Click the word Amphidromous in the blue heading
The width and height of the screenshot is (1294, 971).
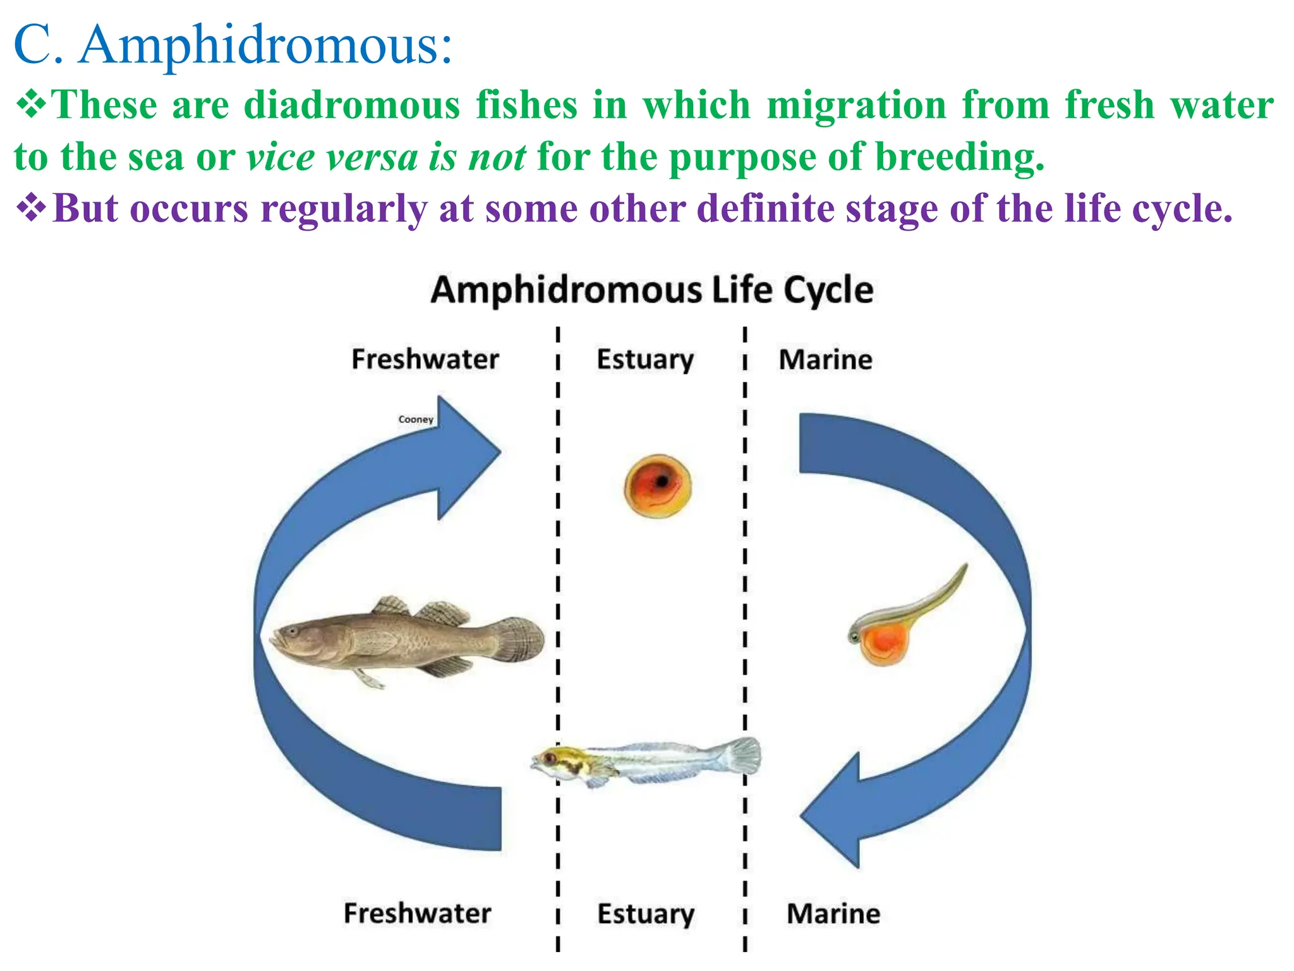(265, 46)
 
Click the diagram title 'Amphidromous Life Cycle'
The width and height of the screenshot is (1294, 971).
(651, 291)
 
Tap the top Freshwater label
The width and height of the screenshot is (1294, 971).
(425, 359)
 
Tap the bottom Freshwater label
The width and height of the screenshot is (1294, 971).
(417, 913)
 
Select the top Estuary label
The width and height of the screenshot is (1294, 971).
(645, 360)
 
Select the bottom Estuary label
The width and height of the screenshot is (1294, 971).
(646, 914)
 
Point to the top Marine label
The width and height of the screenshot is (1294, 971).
(825, 360)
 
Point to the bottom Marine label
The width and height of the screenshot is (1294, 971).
(833, 914)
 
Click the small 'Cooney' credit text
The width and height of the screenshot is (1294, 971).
(416, 419)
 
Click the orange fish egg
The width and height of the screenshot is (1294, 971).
(657, 485)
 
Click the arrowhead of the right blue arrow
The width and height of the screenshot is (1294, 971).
(834, 812)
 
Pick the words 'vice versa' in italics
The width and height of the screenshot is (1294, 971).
(331, 157)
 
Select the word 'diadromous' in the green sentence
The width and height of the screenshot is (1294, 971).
(352, 105)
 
